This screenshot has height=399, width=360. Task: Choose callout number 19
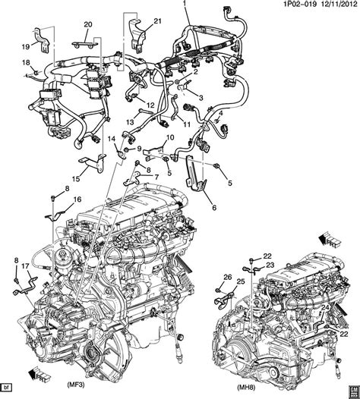point(27,35)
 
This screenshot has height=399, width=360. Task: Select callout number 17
point(25,265)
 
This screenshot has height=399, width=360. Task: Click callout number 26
point(226,279)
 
